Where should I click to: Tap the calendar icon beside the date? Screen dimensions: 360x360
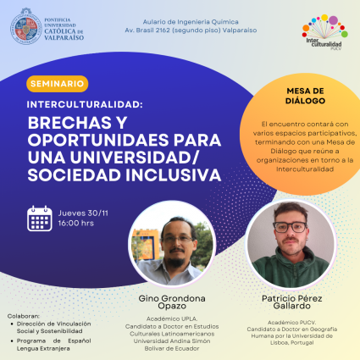point(40,218)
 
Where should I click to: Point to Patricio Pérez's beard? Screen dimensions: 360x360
point(287,249)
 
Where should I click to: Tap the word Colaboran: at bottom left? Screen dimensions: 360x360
point(23,313)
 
